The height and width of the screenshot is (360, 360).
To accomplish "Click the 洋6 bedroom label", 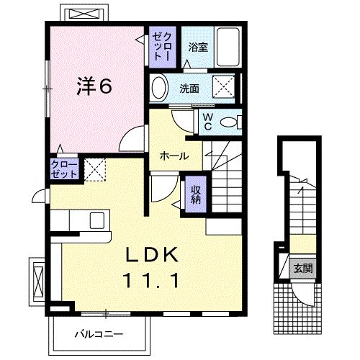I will pos(94,87).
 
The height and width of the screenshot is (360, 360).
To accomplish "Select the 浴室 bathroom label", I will pos(198,48).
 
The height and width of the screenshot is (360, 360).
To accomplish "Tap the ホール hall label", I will pos(174,156).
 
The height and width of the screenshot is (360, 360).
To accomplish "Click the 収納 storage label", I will pos(195,193).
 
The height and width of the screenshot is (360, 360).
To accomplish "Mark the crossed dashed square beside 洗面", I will pos(224,89).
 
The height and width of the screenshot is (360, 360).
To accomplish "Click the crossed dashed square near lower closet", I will pos(96,169).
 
